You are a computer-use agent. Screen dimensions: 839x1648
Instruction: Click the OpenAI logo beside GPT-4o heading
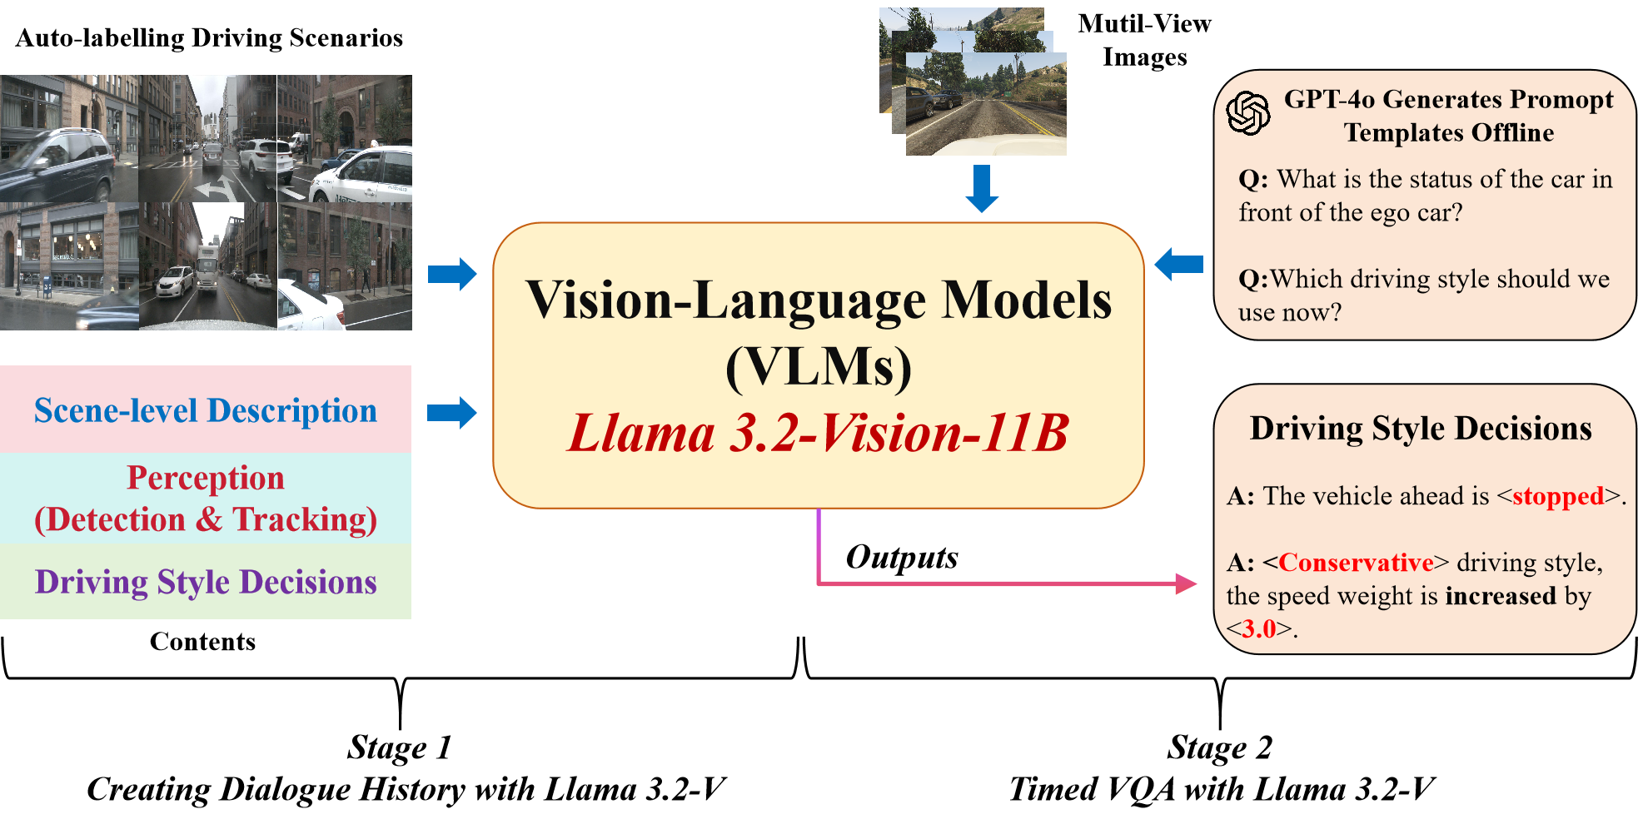pos(1247,113)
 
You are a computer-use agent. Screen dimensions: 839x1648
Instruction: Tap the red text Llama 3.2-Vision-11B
pos(818,434)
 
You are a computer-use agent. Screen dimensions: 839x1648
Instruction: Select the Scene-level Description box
pos(206,410)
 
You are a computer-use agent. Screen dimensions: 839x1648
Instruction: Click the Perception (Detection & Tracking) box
pos(206,498)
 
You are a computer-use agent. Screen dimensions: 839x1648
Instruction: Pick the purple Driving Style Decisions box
pos(206,582)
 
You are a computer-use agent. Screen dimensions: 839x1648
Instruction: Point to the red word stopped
pos(1557,496)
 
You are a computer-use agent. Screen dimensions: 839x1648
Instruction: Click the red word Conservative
pos(1356,563)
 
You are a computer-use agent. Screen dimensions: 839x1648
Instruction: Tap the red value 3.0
pos(1259,628)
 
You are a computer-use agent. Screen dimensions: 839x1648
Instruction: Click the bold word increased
pos(1501,596)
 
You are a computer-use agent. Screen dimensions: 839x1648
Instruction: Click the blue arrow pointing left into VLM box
pos(1178,265)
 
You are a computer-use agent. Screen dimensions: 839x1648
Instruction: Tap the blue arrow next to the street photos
pos(452,274)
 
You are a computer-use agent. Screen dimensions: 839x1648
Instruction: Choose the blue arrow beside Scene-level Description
pos(452,413)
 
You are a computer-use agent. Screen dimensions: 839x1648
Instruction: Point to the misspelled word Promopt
pos(1561,100)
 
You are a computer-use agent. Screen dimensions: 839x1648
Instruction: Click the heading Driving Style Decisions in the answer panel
pos(1421,429)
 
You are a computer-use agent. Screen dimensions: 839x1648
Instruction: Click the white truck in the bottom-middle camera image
pos(207,263)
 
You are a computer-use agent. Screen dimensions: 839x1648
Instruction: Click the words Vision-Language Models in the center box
pos(818,300)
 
